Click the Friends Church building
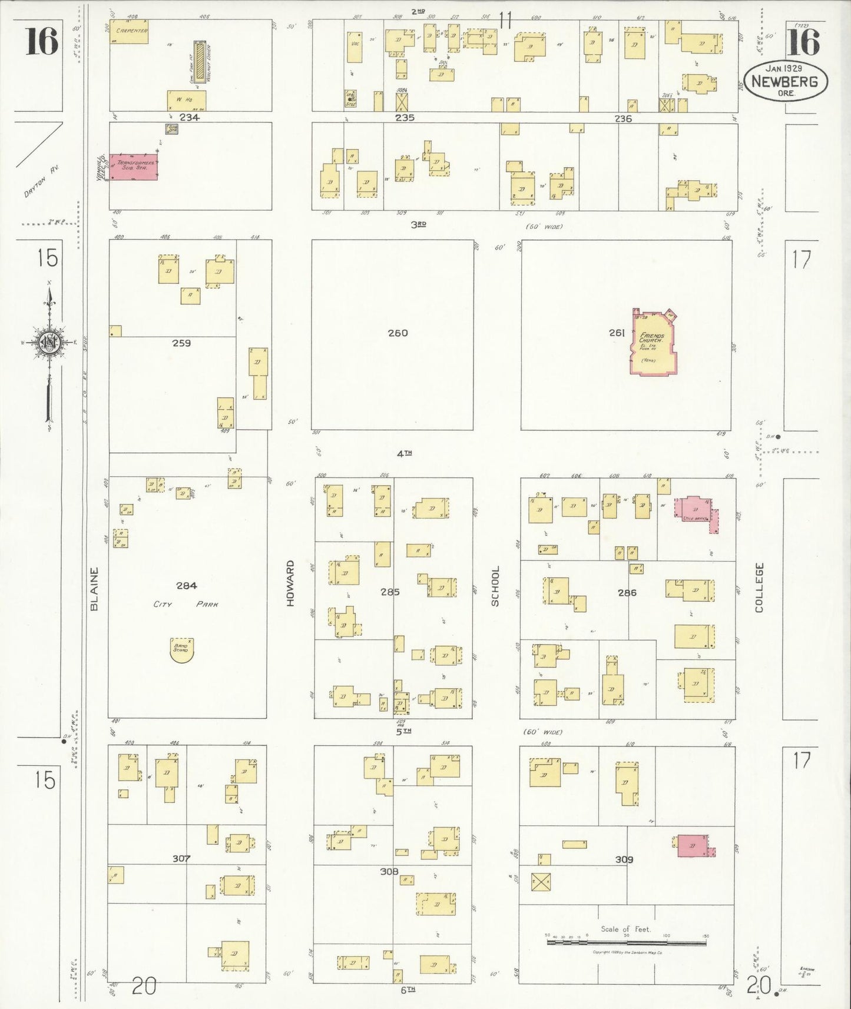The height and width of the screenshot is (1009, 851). coord(654,343)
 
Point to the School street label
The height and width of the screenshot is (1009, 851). coord(495,586)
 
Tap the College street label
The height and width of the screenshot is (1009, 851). coord(759,587)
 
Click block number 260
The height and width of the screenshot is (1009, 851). coord(398,333)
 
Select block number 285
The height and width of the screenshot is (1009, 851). coord(390,592)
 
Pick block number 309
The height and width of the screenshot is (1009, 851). coord(624,859)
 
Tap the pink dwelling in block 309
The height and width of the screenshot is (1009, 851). coord(693,845)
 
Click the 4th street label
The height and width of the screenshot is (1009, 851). coord(404,453)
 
